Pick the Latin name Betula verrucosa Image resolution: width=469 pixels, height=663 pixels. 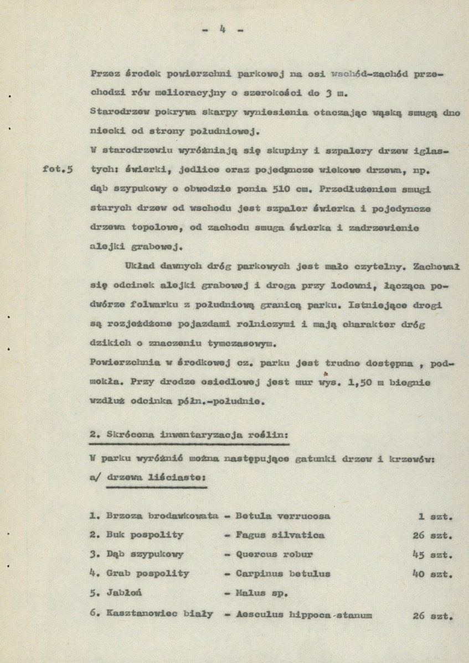tap(283, 516)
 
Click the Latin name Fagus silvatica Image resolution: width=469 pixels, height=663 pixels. tap(280, 535)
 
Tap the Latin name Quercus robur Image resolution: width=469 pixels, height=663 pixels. tap(274, 554)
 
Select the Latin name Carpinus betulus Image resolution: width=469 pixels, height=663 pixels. tap(283, 573)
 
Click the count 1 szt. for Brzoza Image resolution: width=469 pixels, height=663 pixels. tap(436, 516)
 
